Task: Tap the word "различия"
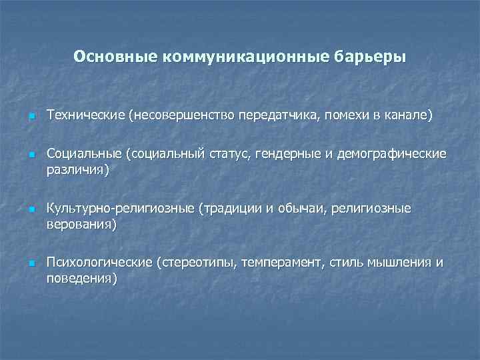coord(75,169)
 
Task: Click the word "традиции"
coord(235,209)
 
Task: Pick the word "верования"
coord(79,224)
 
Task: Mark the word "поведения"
coord(79,278)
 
